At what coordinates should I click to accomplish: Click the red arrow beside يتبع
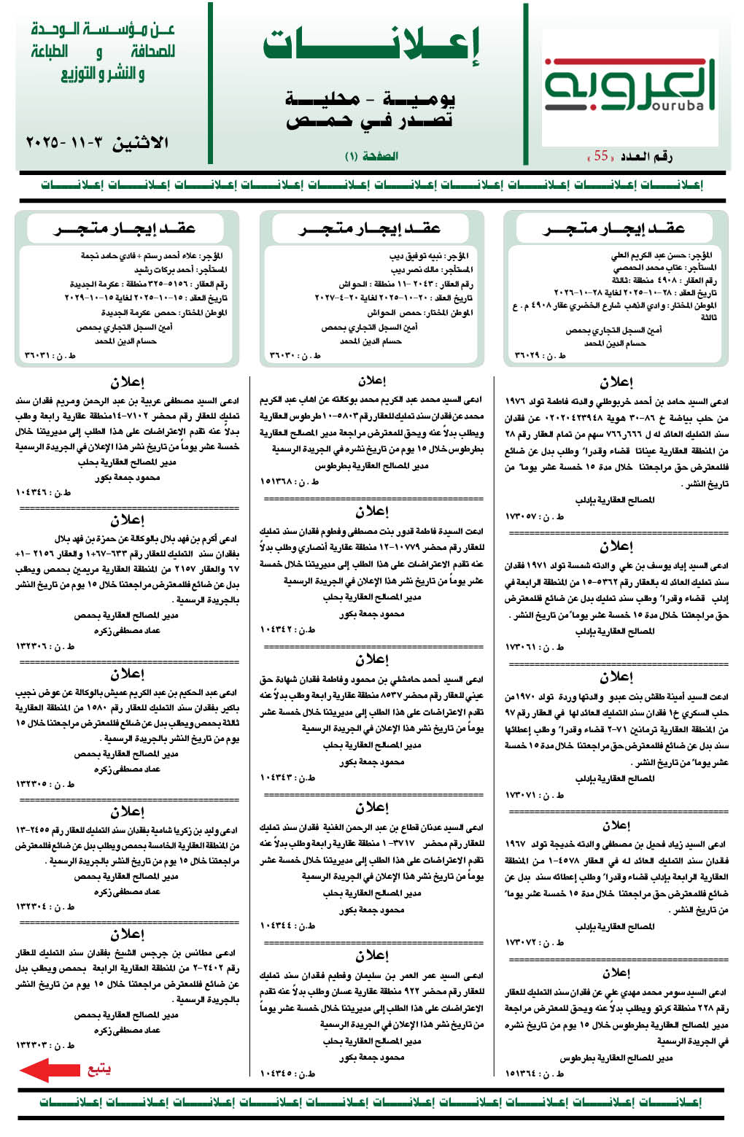50,1070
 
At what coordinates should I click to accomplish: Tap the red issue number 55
601,156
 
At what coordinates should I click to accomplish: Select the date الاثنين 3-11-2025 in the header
97,142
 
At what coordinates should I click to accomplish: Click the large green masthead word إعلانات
371,47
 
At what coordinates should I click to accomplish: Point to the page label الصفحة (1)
371,156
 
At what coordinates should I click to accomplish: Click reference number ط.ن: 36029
540,355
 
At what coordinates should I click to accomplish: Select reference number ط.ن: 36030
295,355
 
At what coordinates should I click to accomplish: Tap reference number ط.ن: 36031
50,355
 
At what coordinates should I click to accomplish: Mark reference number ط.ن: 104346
44,493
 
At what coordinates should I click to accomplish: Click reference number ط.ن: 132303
45,1045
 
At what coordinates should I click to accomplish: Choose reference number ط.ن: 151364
535,1073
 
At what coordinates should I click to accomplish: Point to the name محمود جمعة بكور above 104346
127,478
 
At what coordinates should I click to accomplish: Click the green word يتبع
98,1070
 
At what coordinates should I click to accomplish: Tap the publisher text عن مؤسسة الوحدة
102,31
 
